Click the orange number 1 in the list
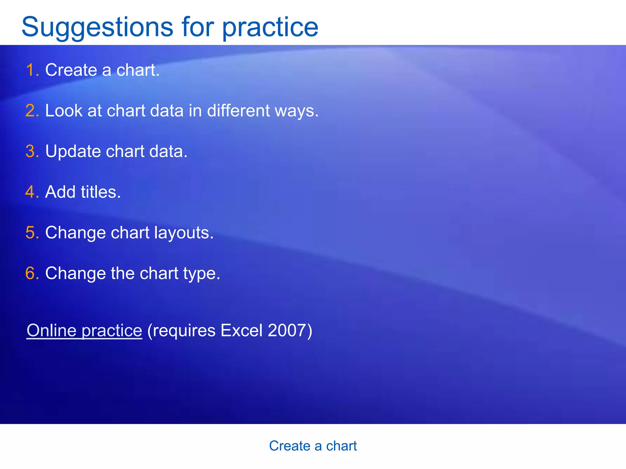click(31, 70)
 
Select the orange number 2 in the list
click(31, 111)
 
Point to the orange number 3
click(31, 151)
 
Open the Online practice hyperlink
click(84, 330)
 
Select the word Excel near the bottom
click(241, 330)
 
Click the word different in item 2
click(238, 111)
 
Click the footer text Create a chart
click(313, 446)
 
